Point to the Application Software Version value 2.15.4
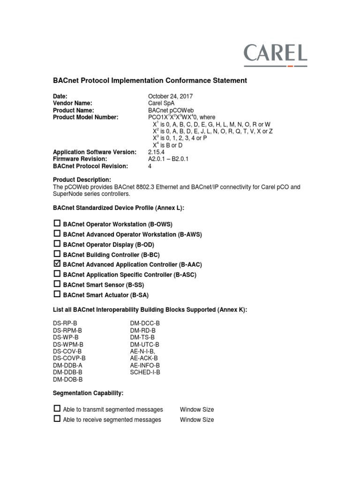coord(156,152)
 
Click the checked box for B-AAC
coord(57,264)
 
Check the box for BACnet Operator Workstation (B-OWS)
coord(57,224)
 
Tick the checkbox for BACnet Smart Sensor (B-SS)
coord(57,284)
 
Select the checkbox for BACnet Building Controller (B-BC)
coord(57,254)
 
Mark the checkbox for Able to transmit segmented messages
coord(57,409)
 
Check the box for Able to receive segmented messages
coord(57,419)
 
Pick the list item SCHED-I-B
coord(145,372)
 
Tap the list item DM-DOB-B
coord(67,379)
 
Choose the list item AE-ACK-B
coord(143,358)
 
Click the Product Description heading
coord(82,180)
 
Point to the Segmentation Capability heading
coord(88,393)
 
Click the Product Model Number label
coord(86,117)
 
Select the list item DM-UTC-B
coord(144,345)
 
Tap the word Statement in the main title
coord(228,81)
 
